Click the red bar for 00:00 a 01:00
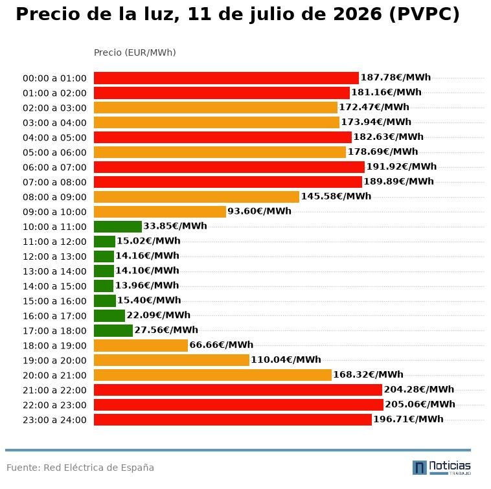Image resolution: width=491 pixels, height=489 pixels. (x=226, y=78)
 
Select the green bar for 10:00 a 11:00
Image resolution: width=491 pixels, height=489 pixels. (x=118, y=227)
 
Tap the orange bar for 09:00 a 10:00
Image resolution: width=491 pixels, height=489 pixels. (x=160, y=212)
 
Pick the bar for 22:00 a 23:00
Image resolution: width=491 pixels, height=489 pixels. (x=238, y=405)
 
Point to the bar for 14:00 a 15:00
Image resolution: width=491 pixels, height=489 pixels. (x=104, y=286)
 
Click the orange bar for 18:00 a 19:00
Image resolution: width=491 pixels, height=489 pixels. (x=141, y=345)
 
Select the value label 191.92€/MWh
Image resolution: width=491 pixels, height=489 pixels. (x=402, y=166)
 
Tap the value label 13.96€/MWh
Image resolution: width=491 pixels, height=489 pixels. (x=147, y=285)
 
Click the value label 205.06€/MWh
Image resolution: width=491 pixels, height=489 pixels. (x=420, y=404)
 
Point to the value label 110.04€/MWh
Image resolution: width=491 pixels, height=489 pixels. (x=286, y=359)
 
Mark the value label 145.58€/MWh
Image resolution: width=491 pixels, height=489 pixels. (x=336, y=196)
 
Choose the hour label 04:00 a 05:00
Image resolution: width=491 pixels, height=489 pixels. (x=54, y=138)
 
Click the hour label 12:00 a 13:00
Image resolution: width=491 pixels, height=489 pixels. (x=54, y=256)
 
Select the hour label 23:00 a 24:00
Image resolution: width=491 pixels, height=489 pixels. (x=54, y=420)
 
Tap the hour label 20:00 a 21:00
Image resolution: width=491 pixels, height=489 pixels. (x=54, y=376)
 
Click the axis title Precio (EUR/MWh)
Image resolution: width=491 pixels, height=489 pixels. (x=135, y=52)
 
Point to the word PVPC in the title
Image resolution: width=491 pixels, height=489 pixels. (x=424, y=14)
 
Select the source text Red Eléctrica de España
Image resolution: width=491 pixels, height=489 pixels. (x=98, y=468)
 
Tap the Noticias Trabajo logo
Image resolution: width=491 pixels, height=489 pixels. (x=442, y=468)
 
